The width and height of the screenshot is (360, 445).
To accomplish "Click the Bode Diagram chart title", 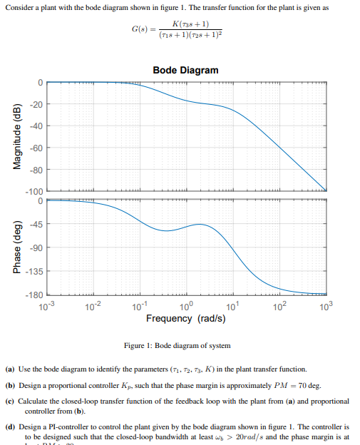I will pos(185,70).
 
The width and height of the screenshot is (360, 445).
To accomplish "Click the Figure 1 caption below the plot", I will pos(178,345).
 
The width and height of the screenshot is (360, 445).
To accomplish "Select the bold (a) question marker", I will pos(10,369).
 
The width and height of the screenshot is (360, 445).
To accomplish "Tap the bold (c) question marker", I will pos(10,402).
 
